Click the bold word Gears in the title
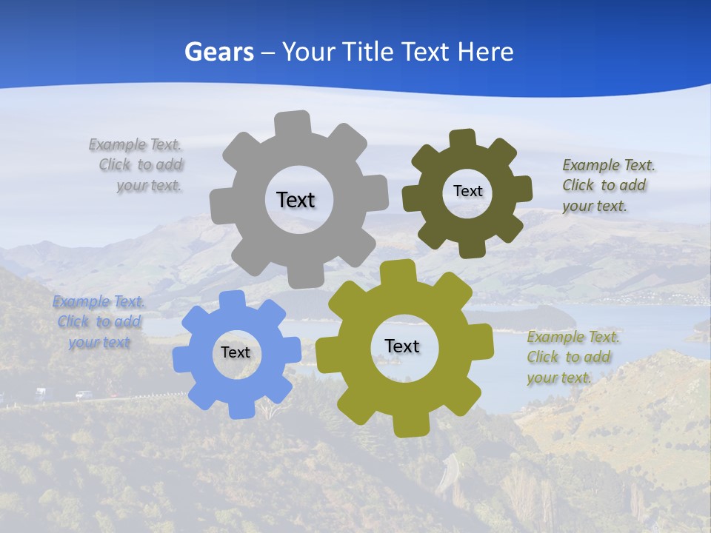218,52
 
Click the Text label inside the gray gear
296,200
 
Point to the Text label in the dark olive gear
467,191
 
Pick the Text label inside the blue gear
236,352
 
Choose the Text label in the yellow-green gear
402,346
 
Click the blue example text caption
99,322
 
